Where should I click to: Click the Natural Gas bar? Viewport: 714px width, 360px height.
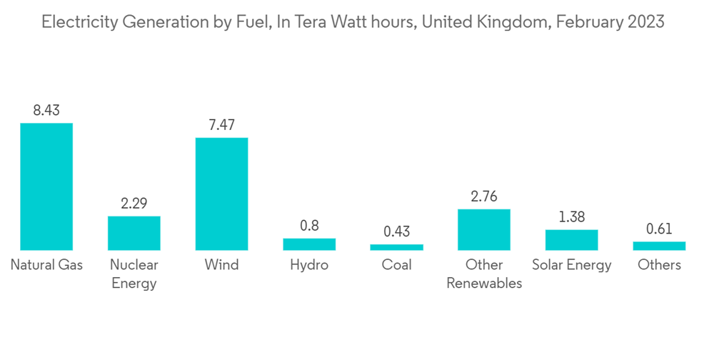46,186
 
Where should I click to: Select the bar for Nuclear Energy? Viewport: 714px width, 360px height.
134,233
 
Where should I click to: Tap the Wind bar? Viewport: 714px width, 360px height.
221,194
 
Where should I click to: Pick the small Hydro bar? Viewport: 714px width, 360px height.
309,244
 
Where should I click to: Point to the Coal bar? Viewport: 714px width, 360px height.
396,247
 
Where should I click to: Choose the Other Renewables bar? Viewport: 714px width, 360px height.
484,229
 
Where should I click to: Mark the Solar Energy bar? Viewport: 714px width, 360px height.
571,240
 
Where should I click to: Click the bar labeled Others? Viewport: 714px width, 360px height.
659,246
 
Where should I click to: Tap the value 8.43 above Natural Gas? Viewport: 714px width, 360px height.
46,111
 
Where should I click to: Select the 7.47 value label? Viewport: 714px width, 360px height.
221,125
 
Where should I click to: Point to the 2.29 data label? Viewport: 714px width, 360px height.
134,204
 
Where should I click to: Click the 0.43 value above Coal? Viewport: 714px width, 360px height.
396,231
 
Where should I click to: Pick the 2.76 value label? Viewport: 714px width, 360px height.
484,196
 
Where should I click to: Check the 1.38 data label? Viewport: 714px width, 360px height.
571,217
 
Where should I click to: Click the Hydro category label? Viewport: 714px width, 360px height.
309,265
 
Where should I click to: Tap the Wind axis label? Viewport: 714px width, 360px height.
221,265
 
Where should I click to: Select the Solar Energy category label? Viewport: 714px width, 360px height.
571,265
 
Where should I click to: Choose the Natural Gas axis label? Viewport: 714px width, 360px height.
46,265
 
